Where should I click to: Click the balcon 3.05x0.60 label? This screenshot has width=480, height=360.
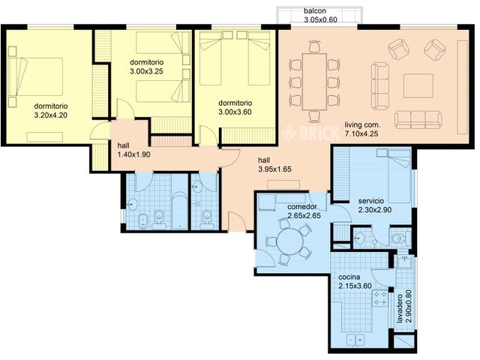coord(320,15)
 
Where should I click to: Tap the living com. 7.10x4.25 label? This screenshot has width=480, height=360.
coord(361,129)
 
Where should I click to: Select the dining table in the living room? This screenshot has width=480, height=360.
coord(314,82)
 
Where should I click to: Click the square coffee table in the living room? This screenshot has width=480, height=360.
coord(418,85)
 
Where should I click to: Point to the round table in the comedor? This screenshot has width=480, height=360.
coord(289,241)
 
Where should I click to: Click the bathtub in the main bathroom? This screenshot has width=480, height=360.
coord(179,210)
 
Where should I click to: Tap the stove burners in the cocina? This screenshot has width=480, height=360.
coord(380,298)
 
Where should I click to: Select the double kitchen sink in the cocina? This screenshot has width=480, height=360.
coord(355,340)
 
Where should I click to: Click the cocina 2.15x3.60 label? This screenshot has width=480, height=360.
coord(355,282)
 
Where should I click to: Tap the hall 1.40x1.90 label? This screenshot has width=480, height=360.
coord(133,150)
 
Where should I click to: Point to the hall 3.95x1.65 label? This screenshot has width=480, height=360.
coord(274,165)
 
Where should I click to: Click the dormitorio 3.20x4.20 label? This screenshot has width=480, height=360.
coord(51,111)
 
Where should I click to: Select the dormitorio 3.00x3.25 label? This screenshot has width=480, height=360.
coord(147,67)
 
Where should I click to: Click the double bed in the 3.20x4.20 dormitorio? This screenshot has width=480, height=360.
coord(35,76)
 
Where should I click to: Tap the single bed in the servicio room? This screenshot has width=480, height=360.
coord(399,175)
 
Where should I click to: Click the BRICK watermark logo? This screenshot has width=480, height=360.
coord(310,133)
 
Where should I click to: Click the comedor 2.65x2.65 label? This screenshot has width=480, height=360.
coord(304,211)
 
